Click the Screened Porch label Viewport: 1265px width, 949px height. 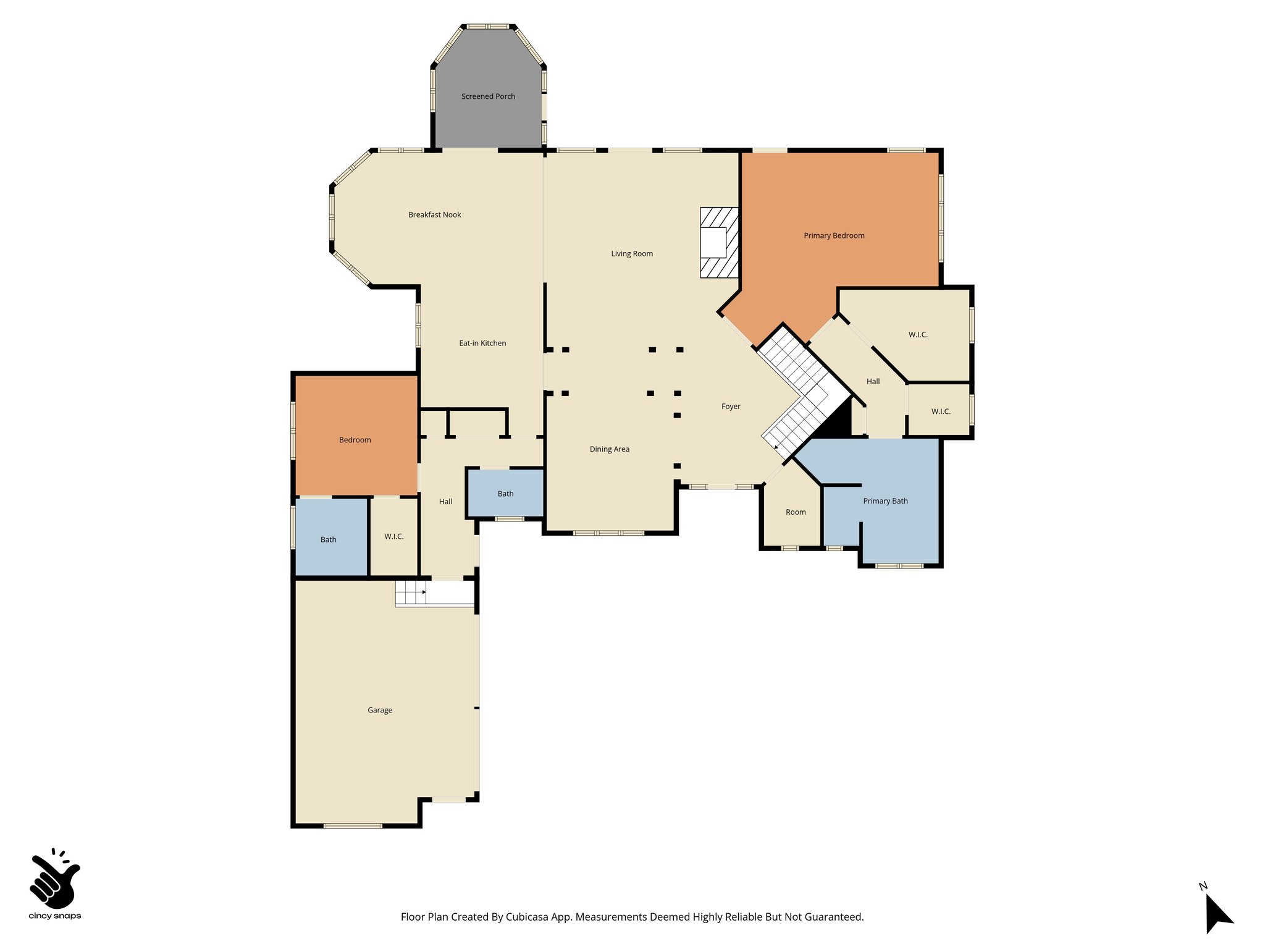coord(488,96)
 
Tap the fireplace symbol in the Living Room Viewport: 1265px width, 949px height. coord(718,242)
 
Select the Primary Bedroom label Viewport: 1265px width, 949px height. coord(834,235)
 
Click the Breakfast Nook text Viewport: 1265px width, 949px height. coord(434,214)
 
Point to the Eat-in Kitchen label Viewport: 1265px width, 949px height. coord(482,343)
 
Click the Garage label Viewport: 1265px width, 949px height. coord(379,710)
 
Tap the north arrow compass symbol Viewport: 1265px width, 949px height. coord(1217,914)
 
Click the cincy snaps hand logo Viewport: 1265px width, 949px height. coord(54,879)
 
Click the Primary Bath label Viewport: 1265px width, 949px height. coord(885,501)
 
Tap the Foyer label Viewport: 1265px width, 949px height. coord(731,407)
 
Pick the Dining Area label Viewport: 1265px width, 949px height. coord(609,449)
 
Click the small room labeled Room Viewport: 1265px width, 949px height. coord(796,512)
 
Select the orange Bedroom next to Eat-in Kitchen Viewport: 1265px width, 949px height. coord(355,440)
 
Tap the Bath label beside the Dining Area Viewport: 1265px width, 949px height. coord(505,494)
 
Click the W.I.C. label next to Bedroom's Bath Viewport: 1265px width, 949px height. coord(393,536)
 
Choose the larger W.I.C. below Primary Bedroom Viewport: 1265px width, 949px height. coord(918,334)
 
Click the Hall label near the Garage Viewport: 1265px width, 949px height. coord(445,502)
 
